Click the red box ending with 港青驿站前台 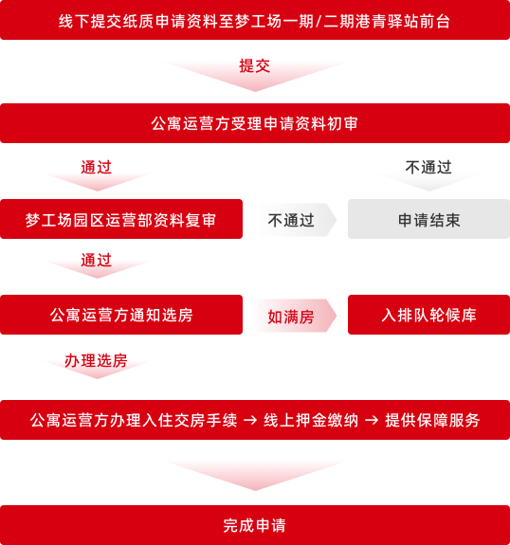255,20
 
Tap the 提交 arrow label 255,66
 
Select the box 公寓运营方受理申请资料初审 255,123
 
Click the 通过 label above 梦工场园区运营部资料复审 97,167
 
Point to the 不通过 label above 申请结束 428,167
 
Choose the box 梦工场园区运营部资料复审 121,219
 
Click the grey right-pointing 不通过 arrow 295,220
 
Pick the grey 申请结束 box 429,219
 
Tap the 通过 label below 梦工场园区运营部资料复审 97,260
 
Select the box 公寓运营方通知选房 121,315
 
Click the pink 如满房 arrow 295,316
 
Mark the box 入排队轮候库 429,315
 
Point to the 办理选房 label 97,360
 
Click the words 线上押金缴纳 311,420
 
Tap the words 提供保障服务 432,420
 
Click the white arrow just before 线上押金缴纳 250,421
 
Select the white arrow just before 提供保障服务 372,421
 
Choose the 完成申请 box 255,525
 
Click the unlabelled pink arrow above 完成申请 255,475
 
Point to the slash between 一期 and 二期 319,21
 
